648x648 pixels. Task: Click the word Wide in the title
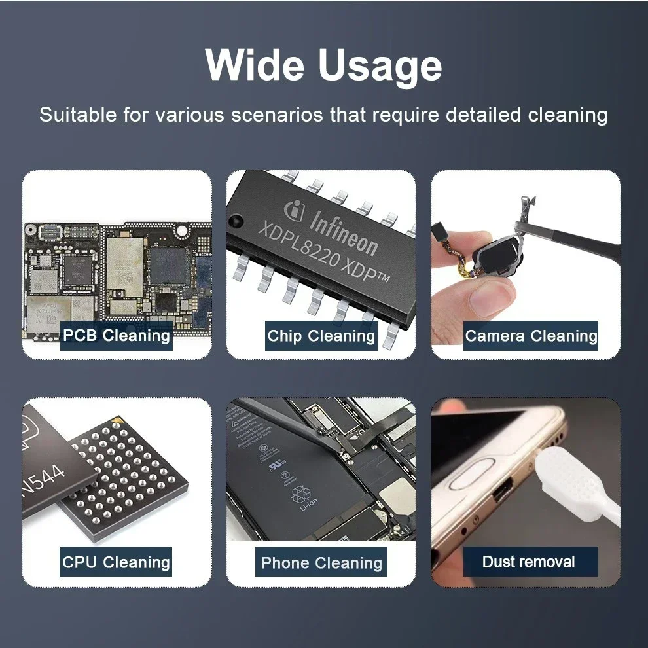click(x=255, y=65)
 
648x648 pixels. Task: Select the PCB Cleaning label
click(x=117, y=336)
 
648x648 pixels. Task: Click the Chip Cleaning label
click(x=321, y=336)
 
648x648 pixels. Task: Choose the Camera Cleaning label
click(x=531, y=336)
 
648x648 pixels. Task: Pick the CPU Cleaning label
click(x=117, y=562)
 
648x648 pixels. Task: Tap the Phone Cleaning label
click(x=321, y=562)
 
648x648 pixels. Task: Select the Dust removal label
click(x=529, y=562)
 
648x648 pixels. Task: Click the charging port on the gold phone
click(x=504, y=492)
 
